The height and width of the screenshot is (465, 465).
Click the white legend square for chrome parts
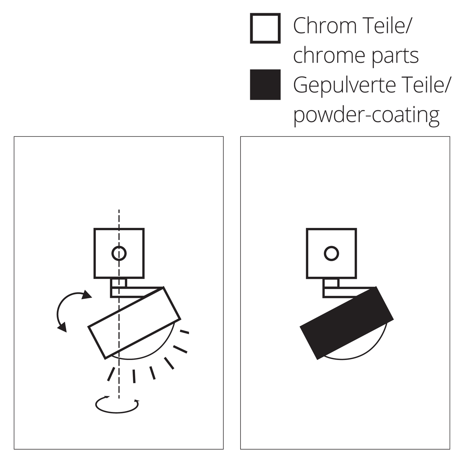(x=265, y=28)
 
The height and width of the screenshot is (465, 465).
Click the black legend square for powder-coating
(x=265, y=84)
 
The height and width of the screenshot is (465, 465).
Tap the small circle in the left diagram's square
(x=119, y=253)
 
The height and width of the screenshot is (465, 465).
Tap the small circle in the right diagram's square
(x=331, y=253)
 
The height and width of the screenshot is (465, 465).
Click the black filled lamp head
(x=347, y=323)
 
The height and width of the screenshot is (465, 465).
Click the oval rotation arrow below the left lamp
(x=117, y=405)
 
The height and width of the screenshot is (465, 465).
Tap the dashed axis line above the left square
(x=119, y=219)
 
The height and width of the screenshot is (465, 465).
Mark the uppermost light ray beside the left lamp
(x=184, y=332)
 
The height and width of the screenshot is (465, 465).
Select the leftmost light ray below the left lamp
(x=111, y=374)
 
